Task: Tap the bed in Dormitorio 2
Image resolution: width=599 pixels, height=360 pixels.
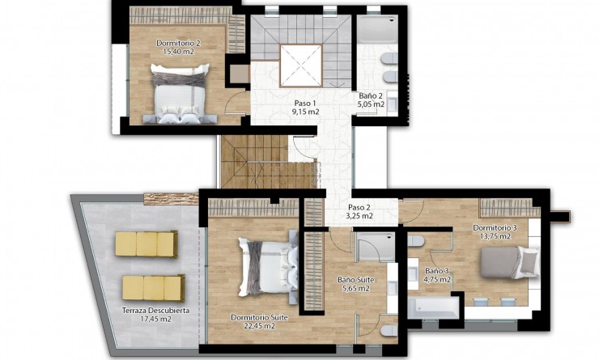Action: (x=179, y=96)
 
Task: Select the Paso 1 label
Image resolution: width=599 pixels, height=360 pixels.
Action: (x=304, y=104)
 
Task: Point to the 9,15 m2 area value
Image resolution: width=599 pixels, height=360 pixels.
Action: (x=304, y=112)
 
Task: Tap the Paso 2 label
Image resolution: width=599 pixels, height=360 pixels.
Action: (x=361, y=206)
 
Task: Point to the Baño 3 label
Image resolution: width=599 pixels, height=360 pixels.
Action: (x=438, y=270)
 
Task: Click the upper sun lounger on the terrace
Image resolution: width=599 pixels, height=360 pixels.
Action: (x=146, y=243)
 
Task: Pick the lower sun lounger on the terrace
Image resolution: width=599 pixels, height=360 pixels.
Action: (x=153, y=287)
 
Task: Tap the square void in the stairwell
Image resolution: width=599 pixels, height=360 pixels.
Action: (x=301, y=65)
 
